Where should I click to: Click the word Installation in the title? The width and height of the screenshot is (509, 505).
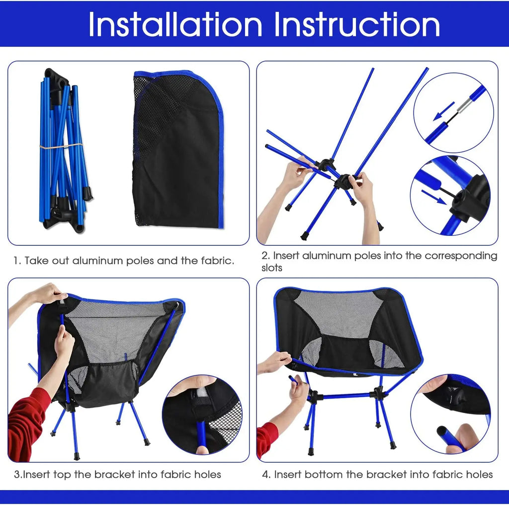[175, 24]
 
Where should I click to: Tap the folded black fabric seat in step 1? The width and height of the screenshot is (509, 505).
[177, 149]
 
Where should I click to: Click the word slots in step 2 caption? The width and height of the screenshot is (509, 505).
[272, 268]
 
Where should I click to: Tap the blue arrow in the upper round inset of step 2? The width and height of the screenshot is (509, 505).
[444, 112]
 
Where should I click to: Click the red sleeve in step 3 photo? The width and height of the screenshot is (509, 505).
[27, 422]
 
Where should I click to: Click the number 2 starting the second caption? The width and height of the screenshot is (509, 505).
[265, 256]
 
